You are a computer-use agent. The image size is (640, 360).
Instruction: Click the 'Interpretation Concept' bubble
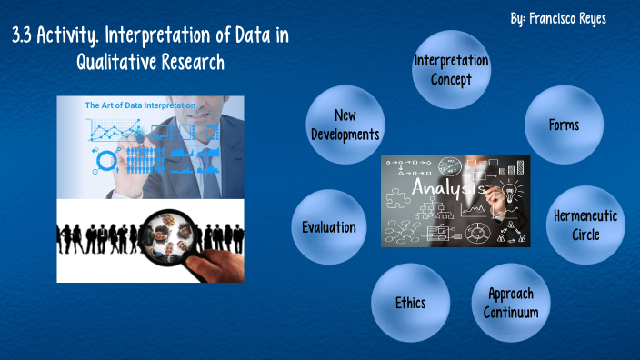(451, 71)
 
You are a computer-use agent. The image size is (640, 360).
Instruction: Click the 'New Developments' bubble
(345, 125)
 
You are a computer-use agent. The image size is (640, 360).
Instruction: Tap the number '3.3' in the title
(25, 37)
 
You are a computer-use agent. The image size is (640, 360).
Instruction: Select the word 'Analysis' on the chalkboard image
(444, 186)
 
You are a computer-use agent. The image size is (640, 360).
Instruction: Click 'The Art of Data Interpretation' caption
(140, 105)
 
